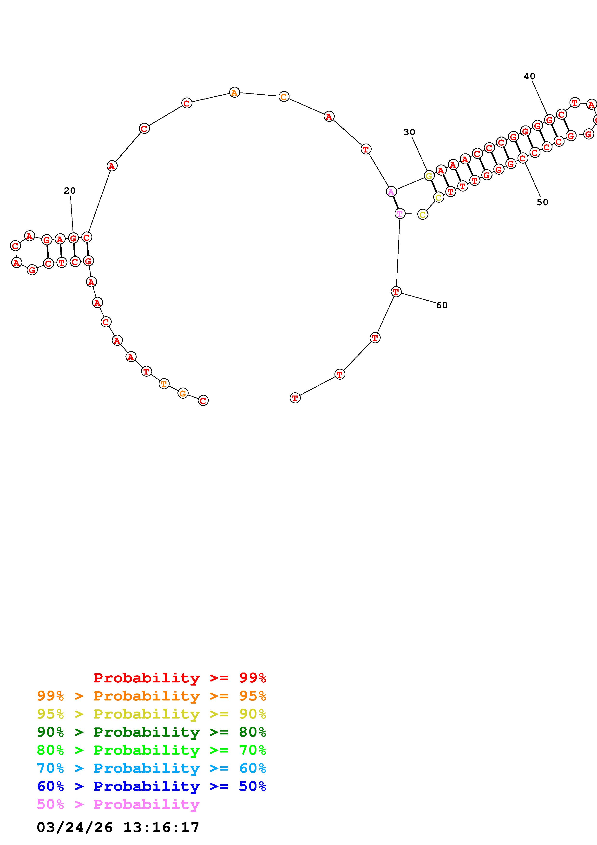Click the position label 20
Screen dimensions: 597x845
click(x=70, y=191)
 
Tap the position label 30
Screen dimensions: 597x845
click(x=409, y=132)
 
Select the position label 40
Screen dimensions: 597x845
click(x=529, y=76)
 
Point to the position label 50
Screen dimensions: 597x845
click(x=542, y=202)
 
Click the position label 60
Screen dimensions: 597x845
click(x=442, y=305)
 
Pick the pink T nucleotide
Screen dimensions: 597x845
click(x=400, y=213)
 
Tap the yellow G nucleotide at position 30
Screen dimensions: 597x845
click(x=429, y=176)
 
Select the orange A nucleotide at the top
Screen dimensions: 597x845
click(x=234, y=92)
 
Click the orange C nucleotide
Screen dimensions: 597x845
click(x=284, y=97)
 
